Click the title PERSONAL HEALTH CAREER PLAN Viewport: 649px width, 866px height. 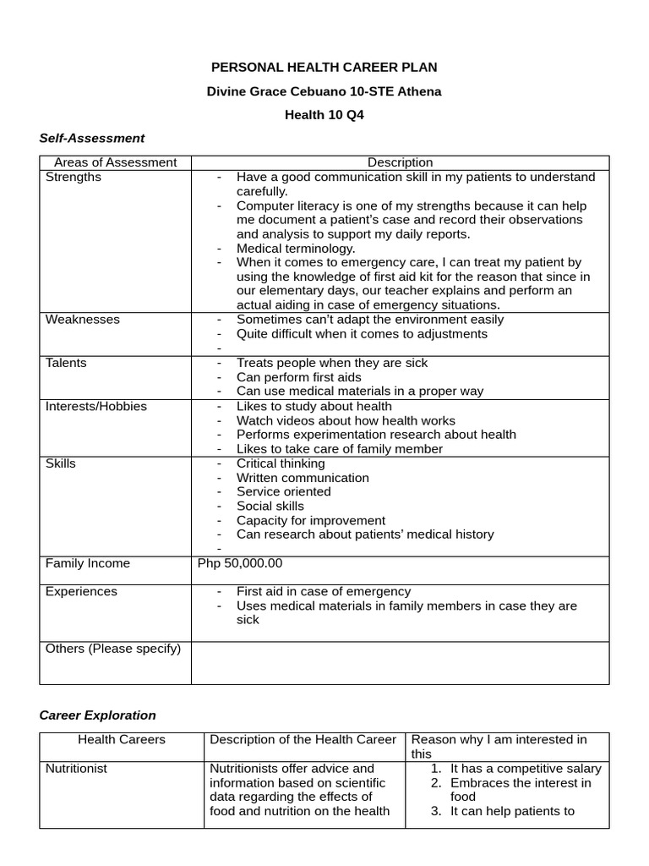click(324, 67)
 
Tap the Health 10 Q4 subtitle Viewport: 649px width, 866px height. click(324, 115)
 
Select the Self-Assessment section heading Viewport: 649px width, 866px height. click(92, 138)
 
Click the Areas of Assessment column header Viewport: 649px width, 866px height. click(115, 162)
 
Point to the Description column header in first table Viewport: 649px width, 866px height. click(400, 162)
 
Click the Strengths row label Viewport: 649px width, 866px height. click(74, 177)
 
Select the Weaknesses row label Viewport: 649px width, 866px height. click(83, 320)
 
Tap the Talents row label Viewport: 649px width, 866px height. click(66, 363)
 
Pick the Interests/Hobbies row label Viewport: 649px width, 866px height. click(96, 406)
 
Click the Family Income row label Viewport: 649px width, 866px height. click(88, 563)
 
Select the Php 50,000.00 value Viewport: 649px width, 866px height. click(240, 563)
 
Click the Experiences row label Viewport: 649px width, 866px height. click(81, 591)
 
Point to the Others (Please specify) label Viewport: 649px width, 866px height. click(113, 649)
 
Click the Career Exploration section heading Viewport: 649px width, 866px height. click(98, 715)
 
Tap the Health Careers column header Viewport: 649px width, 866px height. click(122, 739)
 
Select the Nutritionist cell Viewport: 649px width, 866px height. click(76, 769)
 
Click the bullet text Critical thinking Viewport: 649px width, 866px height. click(281, 463)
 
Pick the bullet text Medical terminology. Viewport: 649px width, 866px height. click(296, 249)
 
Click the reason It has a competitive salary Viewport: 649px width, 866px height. click(526, 769)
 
